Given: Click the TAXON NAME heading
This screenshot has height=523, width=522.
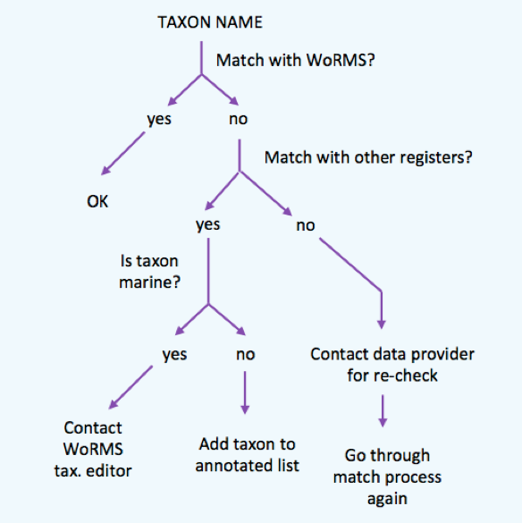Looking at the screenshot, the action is tap(210, 22).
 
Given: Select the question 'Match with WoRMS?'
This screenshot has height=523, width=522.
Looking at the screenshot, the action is tap(296, 61).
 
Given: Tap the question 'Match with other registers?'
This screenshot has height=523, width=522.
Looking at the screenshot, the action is tap(368, 157).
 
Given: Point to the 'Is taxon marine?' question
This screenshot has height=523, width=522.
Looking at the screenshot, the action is tap(149, 272).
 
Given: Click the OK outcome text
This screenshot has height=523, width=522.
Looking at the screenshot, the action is tap(97, 201).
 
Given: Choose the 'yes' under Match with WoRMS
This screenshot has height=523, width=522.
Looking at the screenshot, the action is tap(159, 119).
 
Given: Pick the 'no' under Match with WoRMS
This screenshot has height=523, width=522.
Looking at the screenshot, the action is tap(238, 119).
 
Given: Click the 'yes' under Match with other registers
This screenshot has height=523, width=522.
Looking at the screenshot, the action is tap(207, 224).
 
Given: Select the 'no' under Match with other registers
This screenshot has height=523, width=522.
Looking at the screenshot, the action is tap(306, 225).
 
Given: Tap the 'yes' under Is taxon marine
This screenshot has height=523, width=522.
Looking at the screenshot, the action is tap(174, 354).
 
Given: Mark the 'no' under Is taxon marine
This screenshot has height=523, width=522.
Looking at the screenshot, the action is tap(246, 354).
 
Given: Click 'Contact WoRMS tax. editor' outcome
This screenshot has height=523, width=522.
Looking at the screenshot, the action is tap(93, 450).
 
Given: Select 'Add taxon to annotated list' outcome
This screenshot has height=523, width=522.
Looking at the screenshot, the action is tap(248, 455).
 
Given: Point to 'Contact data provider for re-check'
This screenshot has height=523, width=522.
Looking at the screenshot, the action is tap(392, 365).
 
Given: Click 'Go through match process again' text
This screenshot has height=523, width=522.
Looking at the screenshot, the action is tap(387, 477).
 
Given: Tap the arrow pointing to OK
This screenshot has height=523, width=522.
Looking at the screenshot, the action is tap(122, 153).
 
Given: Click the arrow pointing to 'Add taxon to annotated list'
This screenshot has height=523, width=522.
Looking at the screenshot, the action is tap(245, 392).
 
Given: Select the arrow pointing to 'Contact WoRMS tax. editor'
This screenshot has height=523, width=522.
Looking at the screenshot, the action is tap(130, 387).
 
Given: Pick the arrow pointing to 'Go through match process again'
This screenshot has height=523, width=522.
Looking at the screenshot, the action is tap(383, 411).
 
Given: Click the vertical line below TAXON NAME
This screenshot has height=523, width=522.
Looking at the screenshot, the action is tap(201, 58).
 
